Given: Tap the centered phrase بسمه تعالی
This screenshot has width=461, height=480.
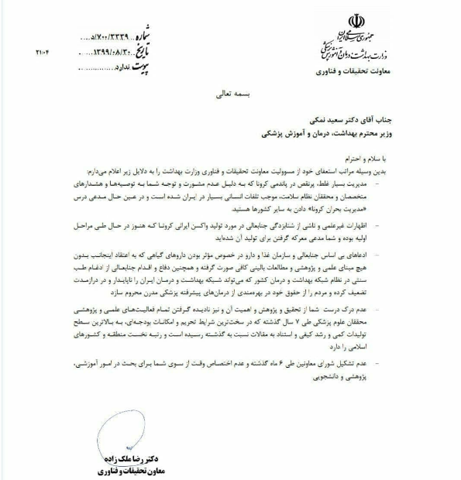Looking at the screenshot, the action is pos(230,91).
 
